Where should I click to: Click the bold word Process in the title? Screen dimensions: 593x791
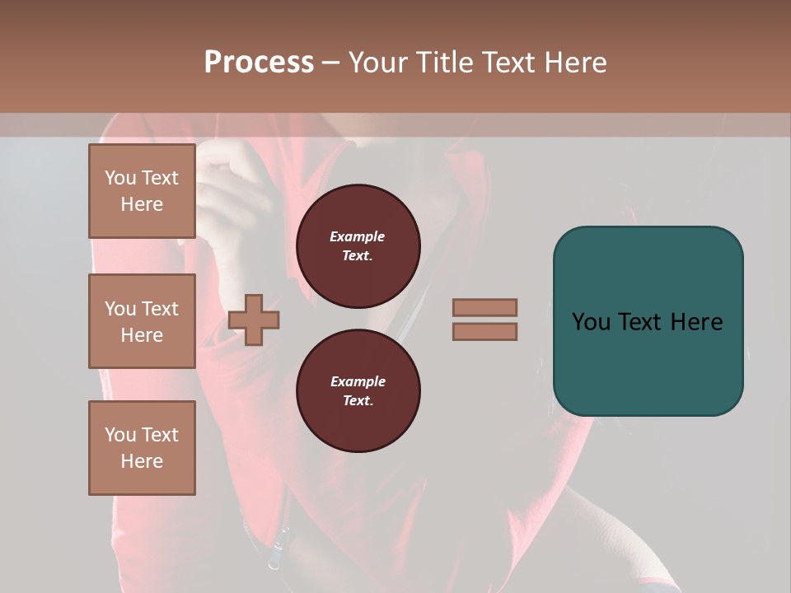pyautogui.click(x=259, y=63)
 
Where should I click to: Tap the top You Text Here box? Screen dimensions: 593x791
pyautogui.click(x=142, y=191)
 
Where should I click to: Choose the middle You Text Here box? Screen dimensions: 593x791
pyautogui.click(x=142, y=321)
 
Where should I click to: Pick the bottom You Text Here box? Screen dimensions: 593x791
pyautogui.click(x=142, y=448)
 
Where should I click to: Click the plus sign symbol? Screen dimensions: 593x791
pyautogui.click(x=254, y=320)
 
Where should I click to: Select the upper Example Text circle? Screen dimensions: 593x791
pyautogui.click(x=358, y=246)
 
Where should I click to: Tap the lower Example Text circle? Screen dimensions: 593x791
pyautogui.click(x=358, y=391)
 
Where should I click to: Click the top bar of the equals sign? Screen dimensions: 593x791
pyautogui.click(x=485, y=308)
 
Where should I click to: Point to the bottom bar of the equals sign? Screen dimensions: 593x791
pyautogui.click(x=485, y=331)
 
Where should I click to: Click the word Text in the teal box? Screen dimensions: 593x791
pyautogui.click(x=642, y=321)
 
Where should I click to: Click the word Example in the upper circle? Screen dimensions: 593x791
pyautogui.click(x=357, y=236)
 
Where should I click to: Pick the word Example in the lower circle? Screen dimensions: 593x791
pyautogui.click(x=358, y=381)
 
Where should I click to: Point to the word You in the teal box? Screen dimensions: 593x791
pyautogui.click(x=591, y=321)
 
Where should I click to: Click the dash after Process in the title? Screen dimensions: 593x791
pyautogui.click(x=331, y=63)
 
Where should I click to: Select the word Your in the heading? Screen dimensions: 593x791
pyautogui.click(x=378, y=63)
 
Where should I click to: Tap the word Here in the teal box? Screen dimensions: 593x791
pyautogui.click(x=697, y=321)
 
